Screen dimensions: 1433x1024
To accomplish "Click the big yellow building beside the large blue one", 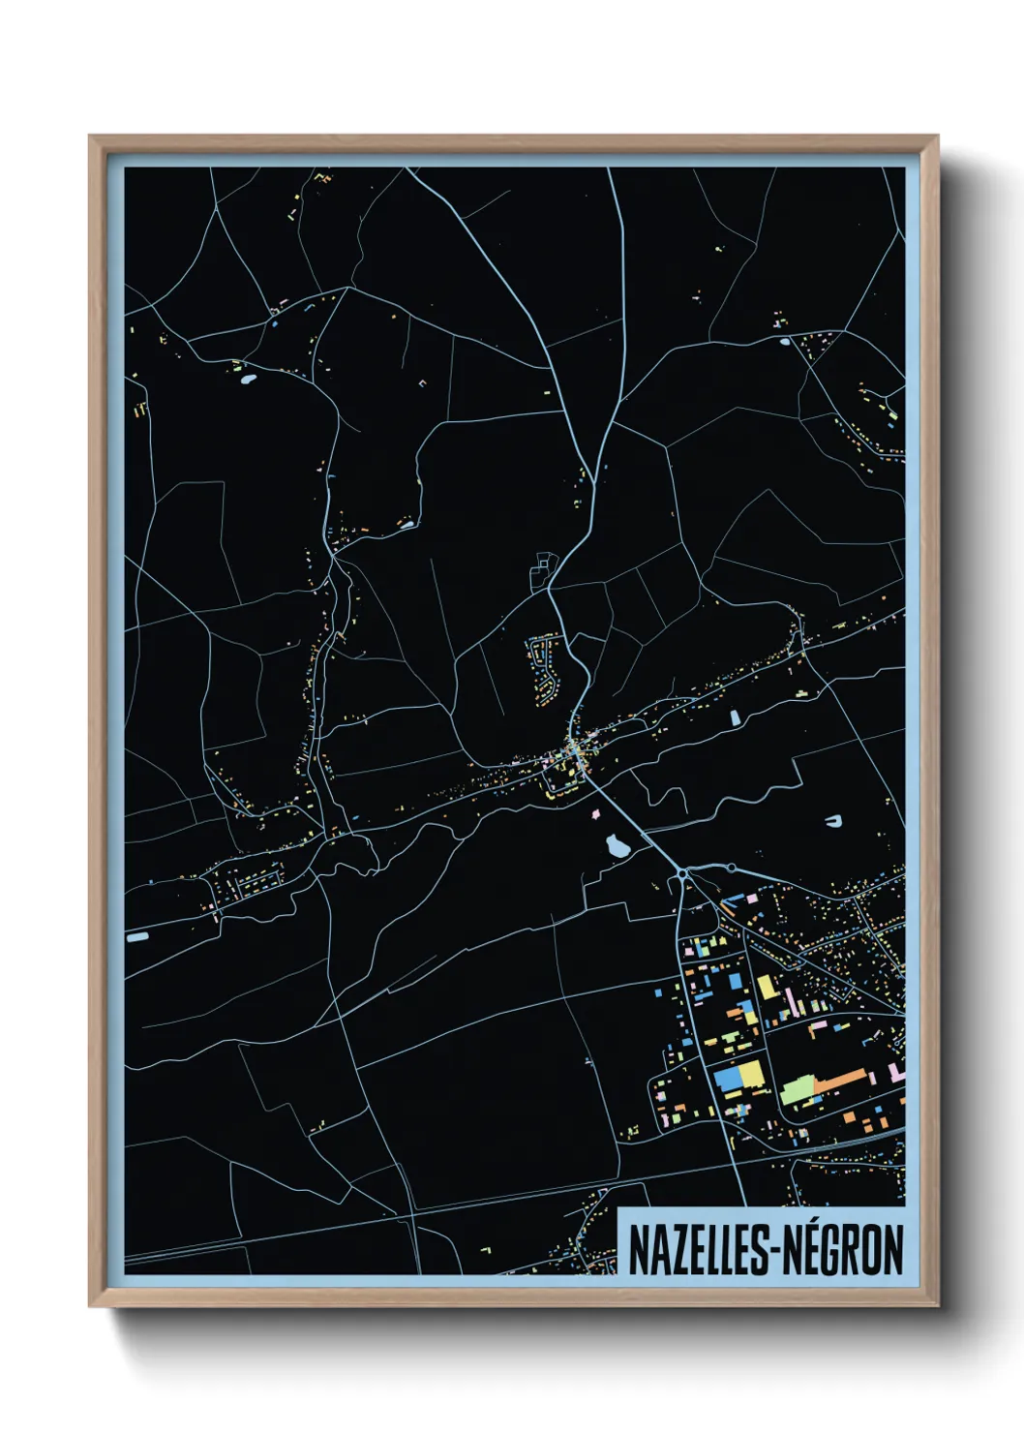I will tap(751, 1075).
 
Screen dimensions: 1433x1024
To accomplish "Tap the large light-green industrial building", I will tap(798, 1090).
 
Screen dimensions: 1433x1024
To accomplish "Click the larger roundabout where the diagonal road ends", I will tap(684, 872).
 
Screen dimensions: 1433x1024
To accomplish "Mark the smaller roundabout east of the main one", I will tap(732, 868).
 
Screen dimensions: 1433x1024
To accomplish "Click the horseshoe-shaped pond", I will tap(833, 822).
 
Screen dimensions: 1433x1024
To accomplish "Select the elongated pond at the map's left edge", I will tap(137, 937).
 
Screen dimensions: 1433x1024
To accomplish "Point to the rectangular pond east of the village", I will tap(735, 717).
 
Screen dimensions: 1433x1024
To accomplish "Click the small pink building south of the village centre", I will tap(592, 812).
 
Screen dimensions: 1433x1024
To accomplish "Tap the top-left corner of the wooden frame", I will tap(90, 137).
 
